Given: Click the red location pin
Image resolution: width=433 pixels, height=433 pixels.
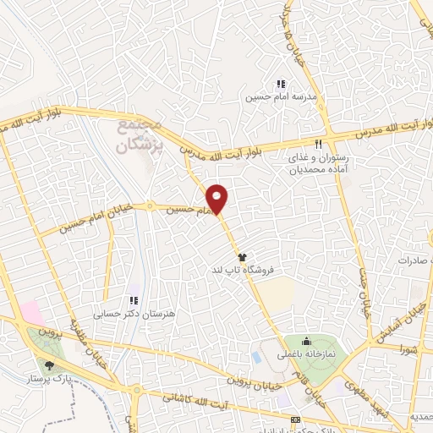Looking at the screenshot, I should (x=217, y=198).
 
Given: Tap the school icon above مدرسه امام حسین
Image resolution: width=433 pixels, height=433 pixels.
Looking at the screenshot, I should (x=280, y=85).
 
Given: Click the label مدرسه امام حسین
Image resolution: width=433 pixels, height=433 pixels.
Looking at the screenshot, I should (x=281, y=98).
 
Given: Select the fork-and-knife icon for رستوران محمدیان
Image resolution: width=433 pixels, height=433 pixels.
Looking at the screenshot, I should (x=319, y=145).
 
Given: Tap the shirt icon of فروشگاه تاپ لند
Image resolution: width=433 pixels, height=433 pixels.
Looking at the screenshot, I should (x=241, y=255).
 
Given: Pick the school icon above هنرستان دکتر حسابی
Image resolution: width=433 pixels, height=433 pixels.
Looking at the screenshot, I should (x=133, y=300).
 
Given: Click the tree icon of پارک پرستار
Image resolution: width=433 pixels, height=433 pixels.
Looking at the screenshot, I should (x=50, y=366).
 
